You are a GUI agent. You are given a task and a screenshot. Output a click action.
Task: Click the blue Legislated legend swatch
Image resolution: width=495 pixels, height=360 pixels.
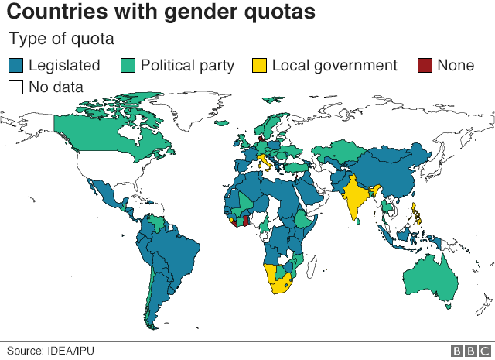pos(15,65)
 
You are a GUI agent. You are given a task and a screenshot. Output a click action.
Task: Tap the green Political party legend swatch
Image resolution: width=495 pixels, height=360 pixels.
pos(128,65)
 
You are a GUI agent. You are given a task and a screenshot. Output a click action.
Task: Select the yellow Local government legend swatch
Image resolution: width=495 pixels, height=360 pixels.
pos(260,65)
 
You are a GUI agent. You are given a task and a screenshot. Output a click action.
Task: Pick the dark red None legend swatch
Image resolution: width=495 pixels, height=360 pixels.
pos(425,65)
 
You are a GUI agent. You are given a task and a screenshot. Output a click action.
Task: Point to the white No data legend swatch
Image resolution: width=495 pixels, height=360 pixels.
pos(15,87)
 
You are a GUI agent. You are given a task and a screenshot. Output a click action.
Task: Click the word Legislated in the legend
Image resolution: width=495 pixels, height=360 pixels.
pos(64,66)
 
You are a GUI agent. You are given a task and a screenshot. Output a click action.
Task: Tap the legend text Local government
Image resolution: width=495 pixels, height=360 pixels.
pos(334,66)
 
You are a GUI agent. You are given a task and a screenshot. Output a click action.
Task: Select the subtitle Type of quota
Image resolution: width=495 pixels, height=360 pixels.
pos(61,39)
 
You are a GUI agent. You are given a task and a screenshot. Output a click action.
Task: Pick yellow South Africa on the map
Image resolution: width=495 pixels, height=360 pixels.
pos(281,286)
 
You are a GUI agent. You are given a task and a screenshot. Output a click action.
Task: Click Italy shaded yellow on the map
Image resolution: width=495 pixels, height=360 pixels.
pos(265,162)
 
